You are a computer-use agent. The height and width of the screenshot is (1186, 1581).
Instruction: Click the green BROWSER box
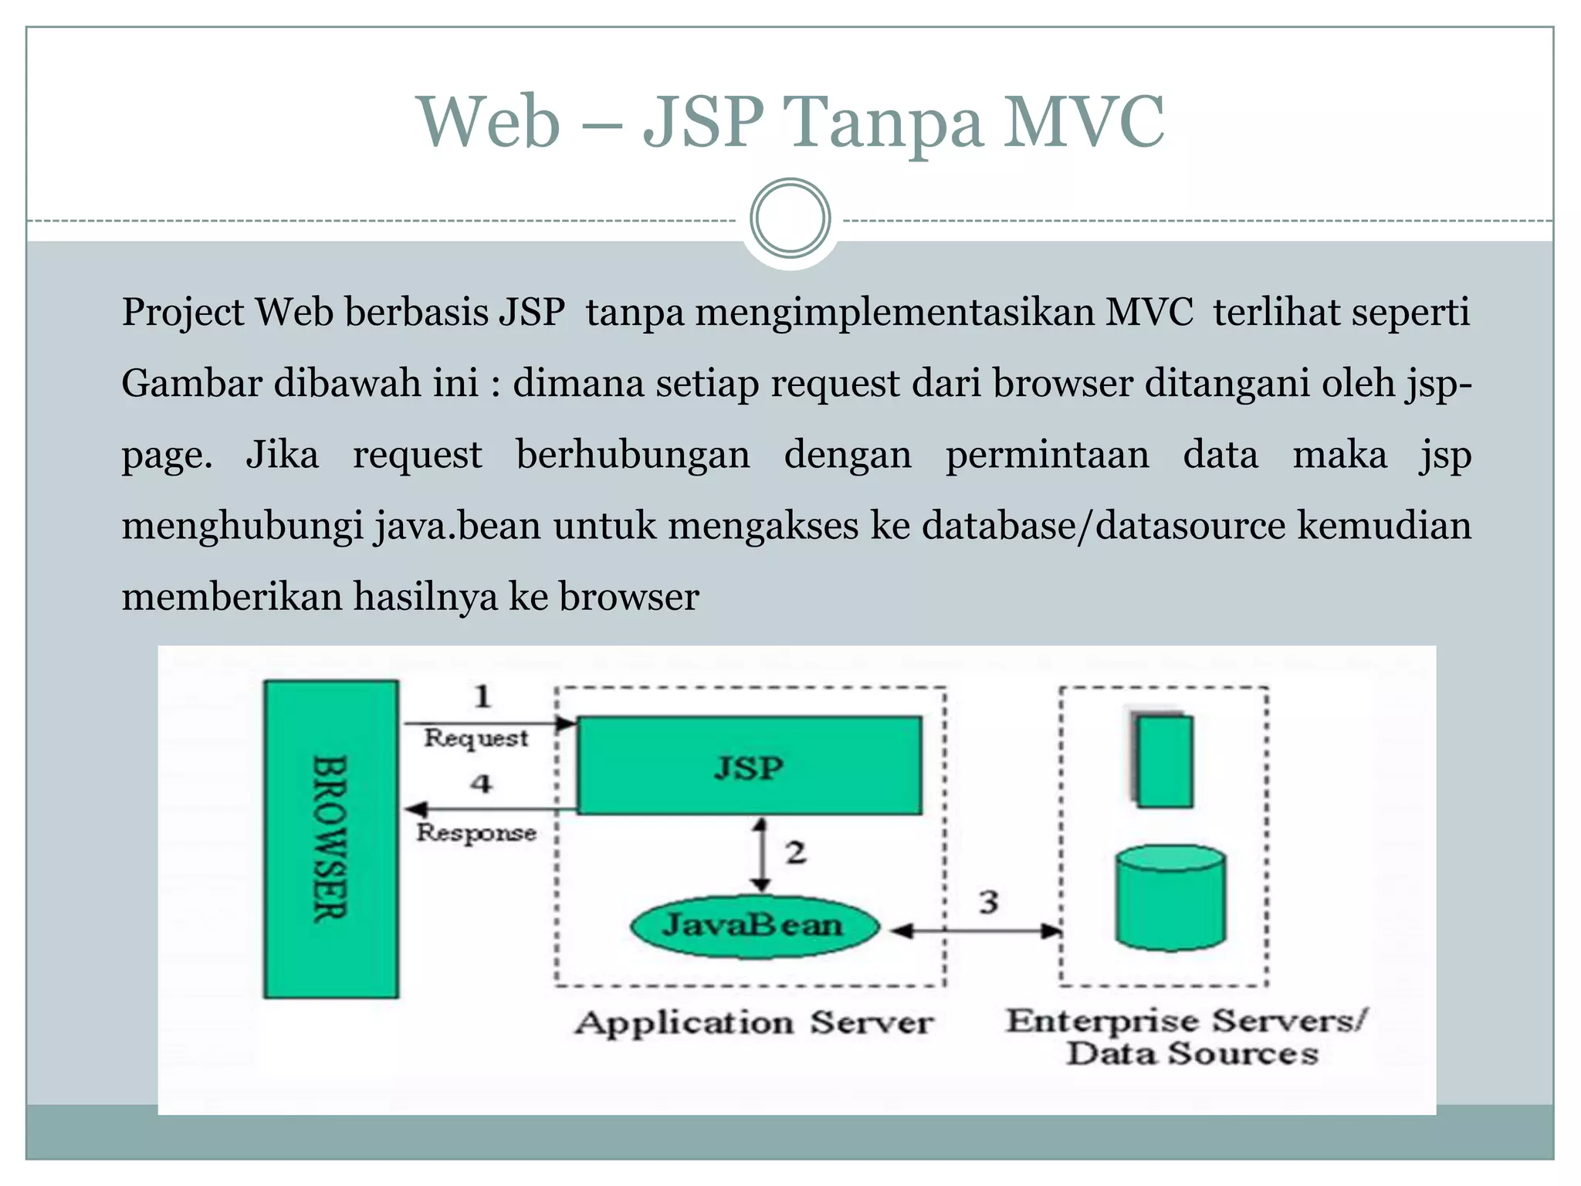click(331, 839)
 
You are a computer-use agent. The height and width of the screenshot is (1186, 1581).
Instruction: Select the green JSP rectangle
click(749, 765)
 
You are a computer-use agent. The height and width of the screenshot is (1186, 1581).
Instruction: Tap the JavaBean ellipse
click(754, 926)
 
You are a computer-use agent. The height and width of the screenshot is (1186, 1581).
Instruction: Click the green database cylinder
click(1170, 897)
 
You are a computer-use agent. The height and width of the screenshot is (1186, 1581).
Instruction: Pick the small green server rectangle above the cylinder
click(1164, 761)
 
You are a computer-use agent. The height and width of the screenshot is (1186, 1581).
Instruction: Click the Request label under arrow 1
click(476, 738)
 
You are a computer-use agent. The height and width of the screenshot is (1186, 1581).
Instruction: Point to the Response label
click(476, 832)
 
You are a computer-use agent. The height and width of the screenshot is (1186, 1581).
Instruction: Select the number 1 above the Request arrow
click(482, 696)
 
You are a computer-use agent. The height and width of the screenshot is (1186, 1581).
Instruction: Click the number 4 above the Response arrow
click(482, 784)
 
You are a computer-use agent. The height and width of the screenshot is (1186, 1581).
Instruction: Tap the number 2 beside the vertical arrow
click(796, 852)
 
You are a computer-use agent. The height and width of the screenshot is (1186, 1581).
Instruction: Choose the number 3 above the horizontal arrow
click(989, 902)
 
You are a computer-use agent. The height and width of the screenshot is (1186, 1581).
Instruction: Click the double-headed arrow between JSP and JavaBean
click(761, 854)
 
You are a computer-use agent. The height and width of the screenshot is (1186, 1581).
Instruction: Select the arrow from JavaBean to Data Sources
click(977, 931)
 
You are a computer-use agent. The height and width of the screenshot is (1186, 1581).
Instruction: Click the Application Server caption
click(754, 1023)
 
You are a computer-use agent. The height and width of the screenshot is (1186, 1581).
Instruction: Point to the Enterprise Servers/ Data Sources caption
click(1188, 1037)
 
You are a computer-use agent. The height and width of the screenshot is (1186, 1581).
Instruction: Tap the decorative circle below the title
click(790, 219)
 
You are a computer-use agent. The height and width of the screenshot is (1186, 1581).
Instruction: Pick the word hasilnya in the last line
click(425, 597)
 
